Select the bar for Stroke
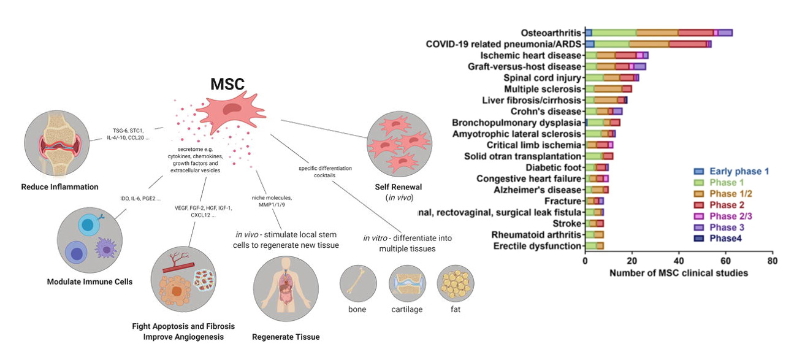point(595,223)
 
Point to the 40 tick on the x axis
point(679,261)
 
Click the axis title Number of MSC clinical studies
point(679,273)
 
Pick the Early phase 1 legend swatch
point(699,172)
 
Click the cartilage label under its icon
point(407,309)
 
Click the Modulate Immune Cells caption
point(90,281)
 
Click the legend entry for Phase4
point(726,238)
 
